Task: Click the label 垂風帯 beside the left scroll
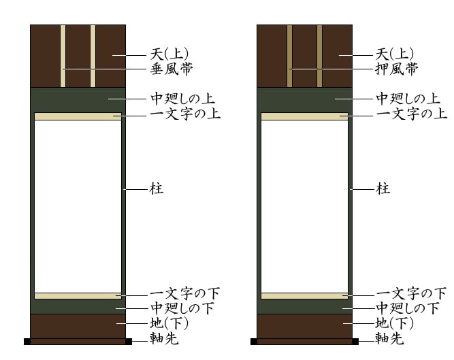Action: pos(172,69)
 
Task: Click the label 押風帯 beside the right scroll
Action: pos(397,69)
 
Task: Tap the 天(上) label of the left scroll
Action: pos(169,54)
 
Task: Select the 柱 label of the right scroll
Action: pos(383,189)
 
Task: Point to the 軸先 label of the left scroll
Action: pos(164,338)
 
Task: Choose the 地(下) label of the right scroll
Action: pos(394,323)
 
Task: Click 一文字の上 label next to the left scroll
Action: pos(185,114)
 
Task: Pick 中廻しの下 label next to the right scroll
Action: pos(408,308)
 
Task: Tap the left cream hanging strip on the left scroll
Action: pos(63,56)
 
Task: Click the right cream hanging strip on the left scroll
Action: pos(93,56)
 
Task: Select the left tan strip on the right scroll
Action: pos(289,56)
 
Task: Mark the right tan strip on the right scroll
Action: pos(320,56)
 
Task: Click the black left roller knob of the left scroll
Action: pos(27,342)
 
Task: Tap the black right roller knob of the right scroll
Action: pos(355,342)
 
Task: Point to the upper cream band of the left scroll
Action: pos(78,116)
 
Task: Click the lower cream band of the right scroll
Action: pos(305,296)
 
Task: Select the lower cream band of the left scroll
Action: pos(78,296)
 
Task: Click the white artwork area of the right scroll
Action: pos(305,206)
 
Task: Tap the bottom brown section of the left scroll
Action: pos(78,326)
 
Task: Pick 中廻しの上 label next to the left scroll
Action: pos(182,99)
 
